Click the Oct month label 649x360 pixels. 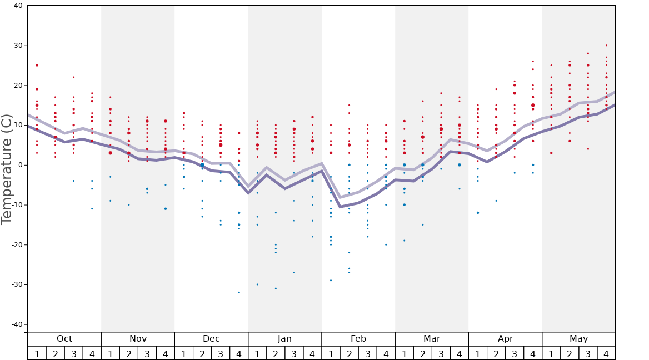[x=64, y=339]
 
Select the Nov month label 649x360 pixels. [x=138, y=339]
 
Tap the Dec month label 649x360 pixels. [x=211, y=339]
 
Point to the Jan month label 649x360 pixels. [x=284, y=339]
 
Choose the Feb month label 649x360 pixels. [x=358, y=339]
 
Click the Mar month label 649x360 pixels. [x=432, y=339]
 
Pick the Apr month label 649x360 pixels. [x=505, y=339]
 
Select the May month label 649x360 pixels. [x=578, y=339]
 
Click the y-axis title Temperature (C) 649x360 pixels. [x=7, y=169]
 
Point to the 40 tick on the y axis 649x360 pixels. [x=18, y=6]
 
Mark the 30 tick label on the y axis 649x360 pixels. [x=18, y=46]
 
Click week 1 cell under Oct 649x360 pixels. [x=37, y=353]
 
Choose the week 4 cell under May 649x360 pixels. [x=606, y=353]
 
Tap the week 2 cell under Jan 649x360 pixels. [x=276, y=353]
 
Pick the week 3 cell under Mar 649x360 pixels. [x=441, y=353]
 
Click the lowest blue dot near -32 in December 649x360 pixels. [x=239, y=292]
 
